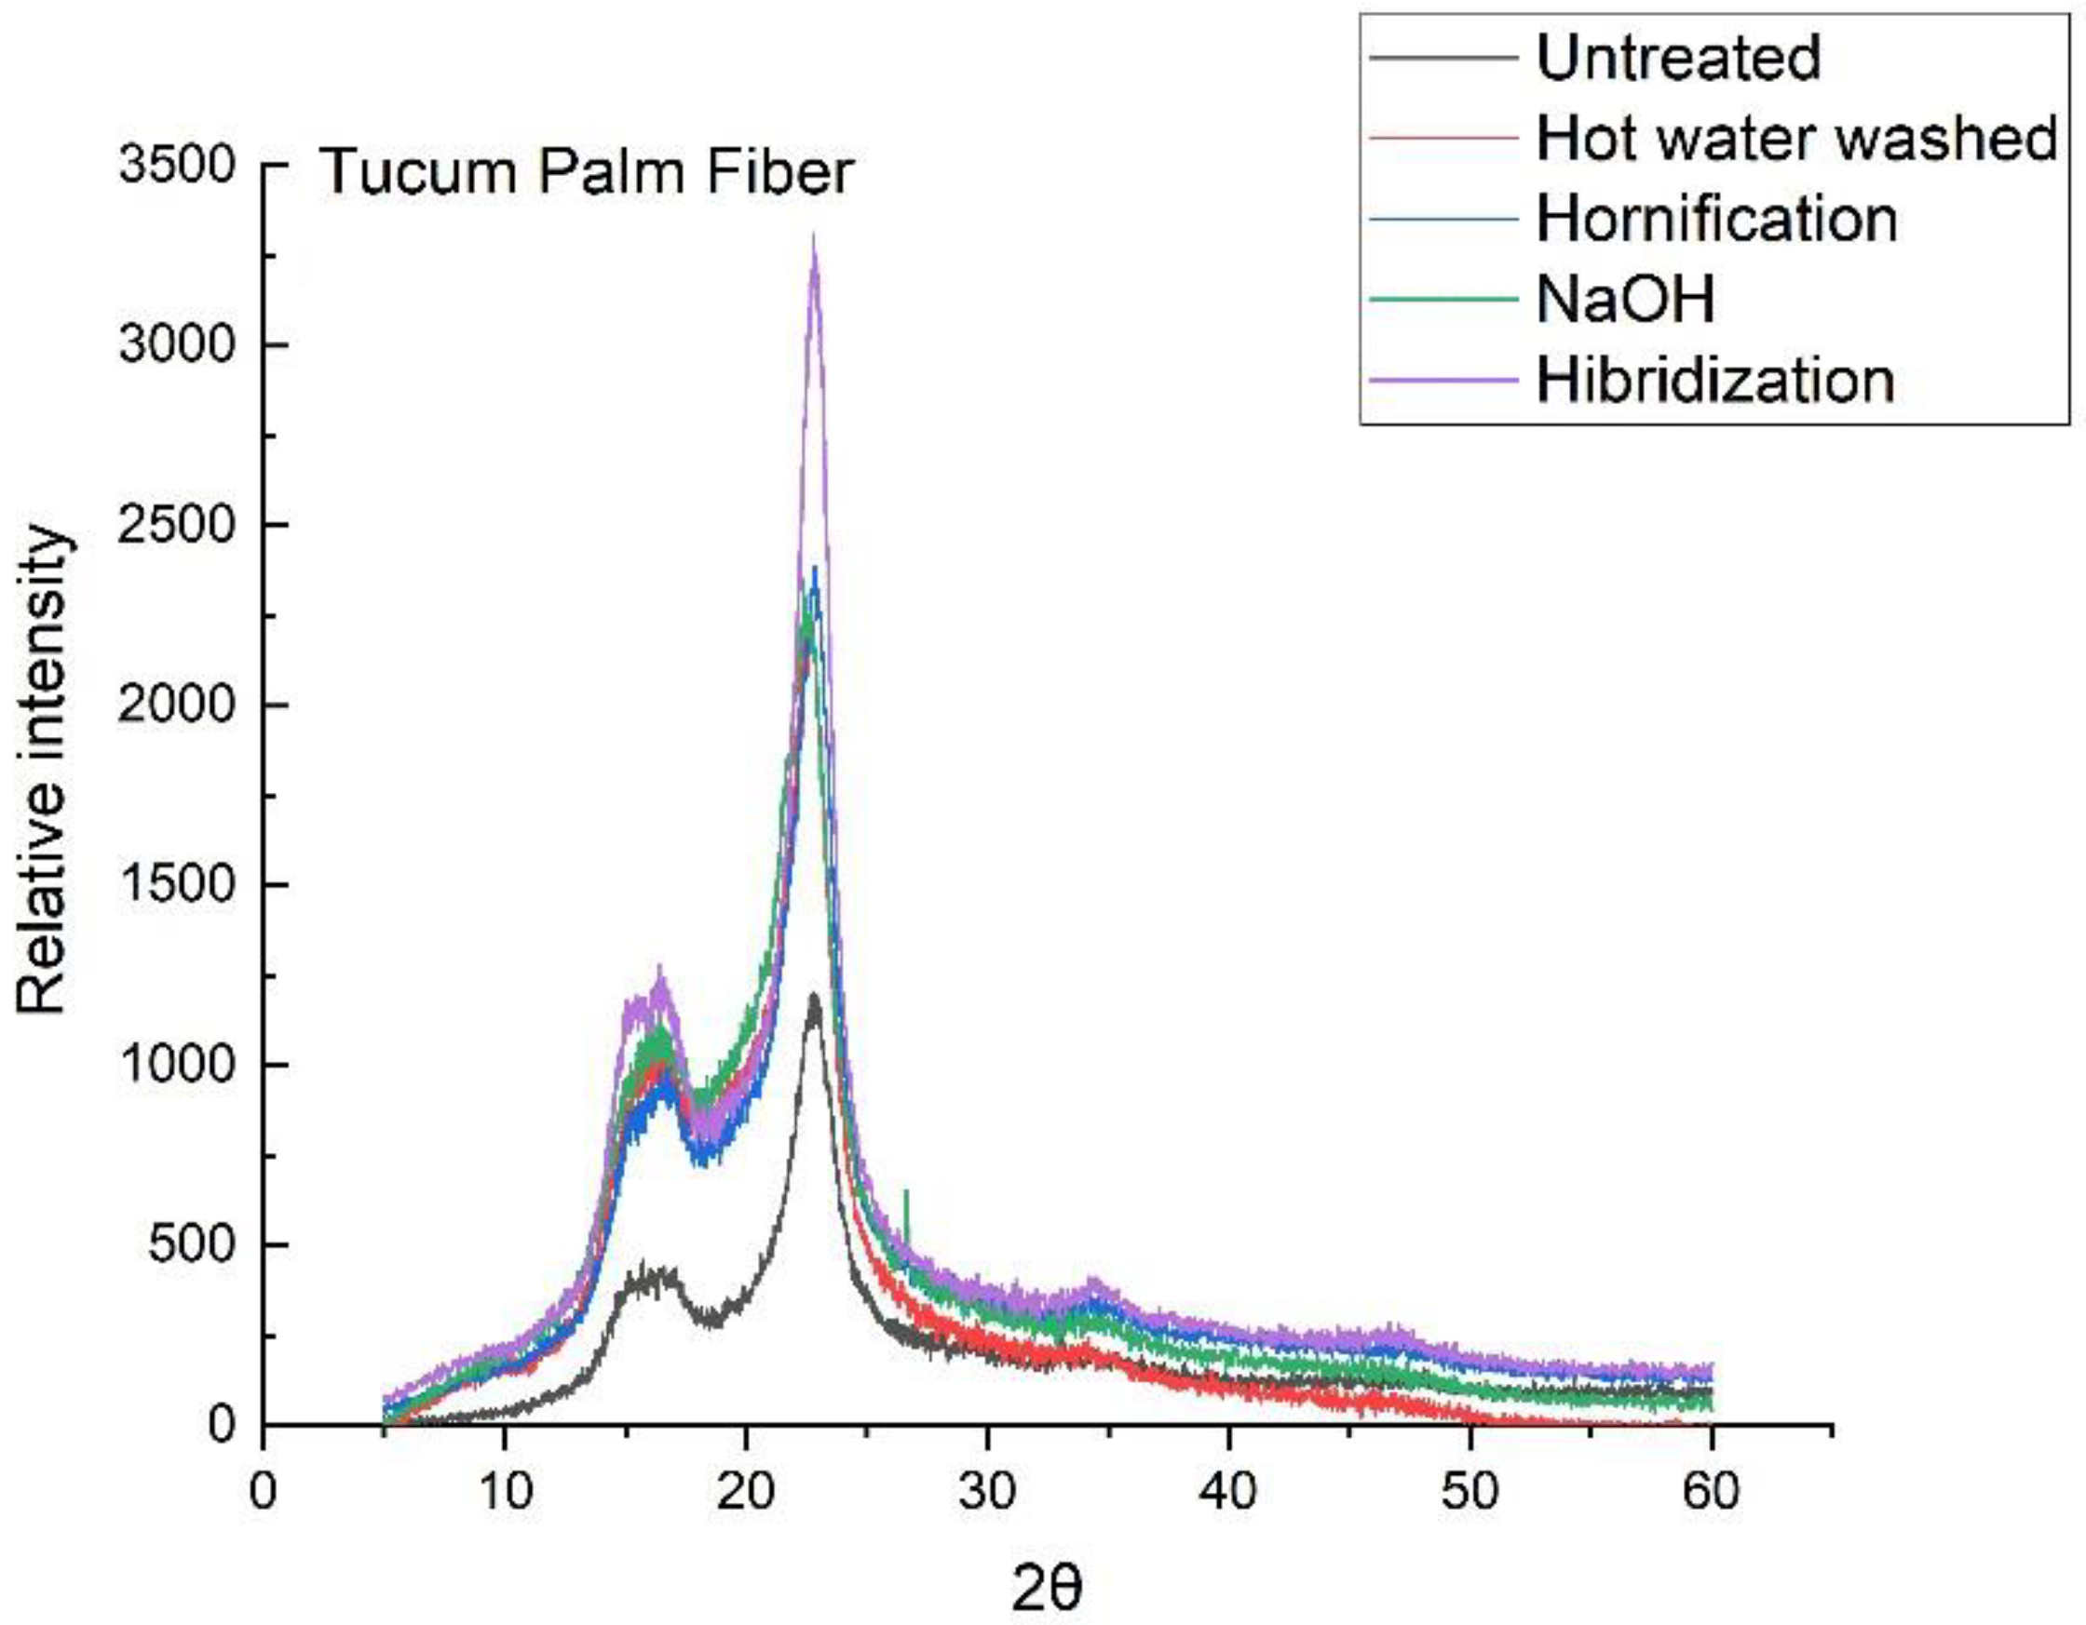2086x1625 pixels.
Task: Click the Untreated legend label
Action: click(1678, 58)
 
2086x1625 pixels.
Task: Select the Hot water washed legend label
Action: click(1796, 139)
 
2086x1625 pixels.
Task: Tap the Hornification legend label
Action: click(1716, 219)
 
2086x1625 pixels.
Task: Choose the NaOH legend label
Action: click(1625, 299)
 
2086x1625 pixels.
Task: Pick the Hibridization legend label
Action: click(1715, 380)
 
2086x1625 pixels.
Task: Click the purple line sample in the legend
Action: click(1443, 380)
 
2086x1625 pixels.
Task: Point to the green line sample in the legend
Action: click(1443, 299)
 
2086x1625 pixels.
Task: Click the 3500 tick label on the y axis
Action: click(176, 166)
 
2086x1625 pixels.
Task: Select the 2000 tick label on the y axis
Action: click(176, 705)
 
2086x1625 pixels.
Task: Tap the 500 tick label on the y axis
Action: click(191, 1245)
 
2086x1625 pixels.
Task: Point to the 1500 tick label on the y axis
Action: click(176, 885)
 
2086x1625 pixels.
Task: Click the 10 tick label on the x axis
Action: click(505, 1491)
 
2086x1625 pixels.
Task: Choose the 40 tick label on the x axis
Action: click(1229, 1491)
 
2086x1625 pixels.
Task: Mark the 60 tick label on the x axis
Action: click(1712, 1491)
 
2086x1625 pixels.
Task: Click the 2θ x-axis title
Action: click(1047, 1583)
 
